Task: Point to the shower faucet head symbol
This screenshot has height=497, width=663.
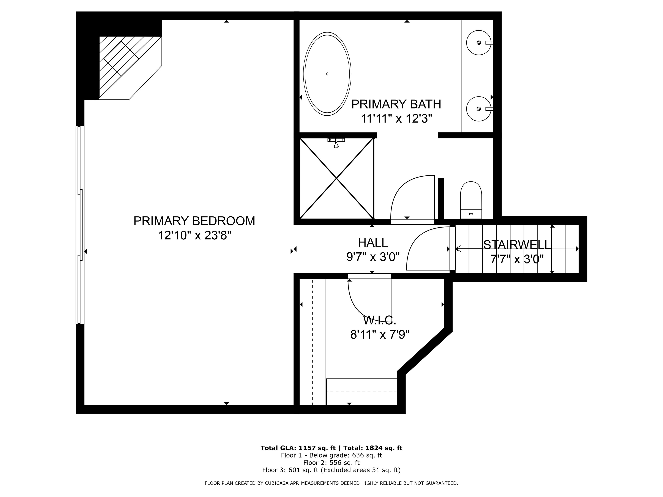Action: pos(336,143)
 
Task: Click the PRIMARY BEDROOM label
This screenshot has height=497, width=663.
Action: pos(194,221)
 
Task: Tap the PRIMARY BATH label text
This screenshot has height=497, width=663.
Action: pos(396,104)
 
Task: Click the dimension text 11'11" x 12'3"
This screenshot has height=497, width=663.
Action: pos(396,119)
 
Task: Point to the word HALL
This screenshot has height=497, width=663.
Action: pos(373,242)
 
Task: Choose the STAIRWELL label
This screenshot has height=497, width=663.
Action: pos(517,245)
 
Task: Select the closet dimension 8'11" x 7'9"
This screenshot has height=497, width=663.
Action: pos(380,335)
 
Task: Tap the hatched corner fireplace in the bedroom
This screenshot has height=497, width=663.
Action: pos(130,68)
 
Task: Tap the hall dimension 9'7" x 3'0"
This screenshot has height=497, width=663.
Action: pos(373,257)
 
